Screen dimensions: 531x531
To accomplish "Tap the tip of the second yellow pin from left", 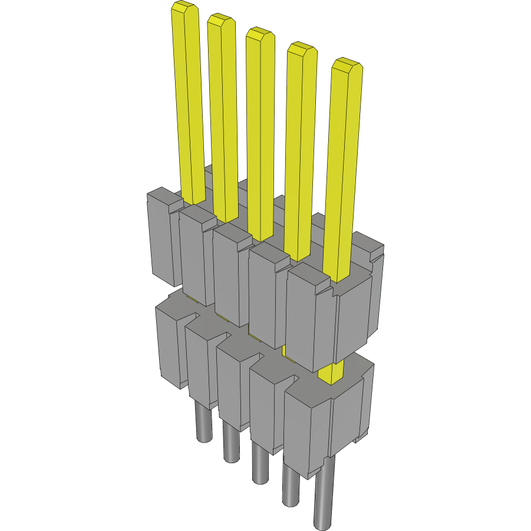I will click(221, 20).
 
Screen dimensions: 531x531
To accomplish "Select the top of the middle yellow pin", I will click(260, 34).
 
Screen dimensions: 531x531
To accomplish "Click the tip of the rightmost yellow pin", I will click(346, 65).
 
